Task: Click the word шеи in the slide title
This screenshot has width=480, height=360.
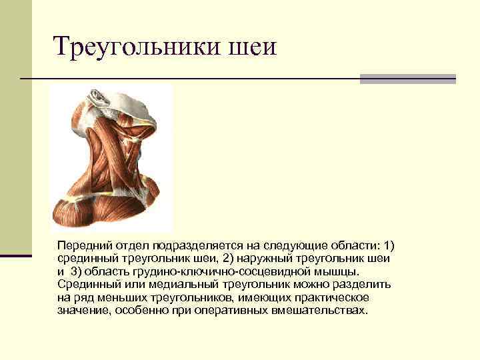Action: coord(252,48)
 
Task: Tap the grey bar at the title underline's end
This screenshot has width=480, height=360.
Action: coord(407,79)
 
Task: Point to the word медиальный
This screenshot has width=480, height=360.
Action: coord(160,284)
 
